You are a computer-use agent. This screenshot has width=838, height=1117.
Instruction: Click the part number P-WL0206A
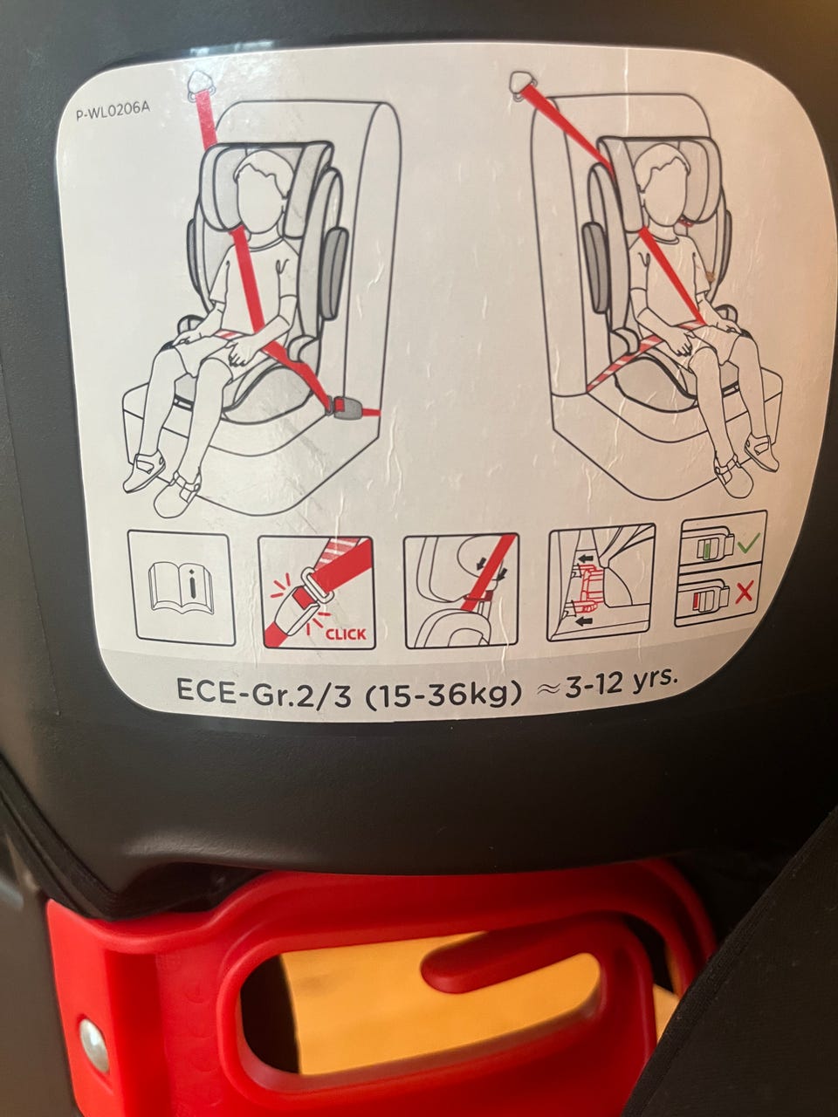[113, 112]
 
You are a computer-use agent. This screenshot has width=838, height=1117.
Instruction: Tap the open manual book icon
[181, 589]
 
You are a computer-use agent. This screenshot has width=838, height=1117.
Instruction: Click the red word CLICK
[346, 634]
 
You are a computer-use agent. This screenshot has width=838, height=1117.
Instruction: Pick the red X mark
[745, 593]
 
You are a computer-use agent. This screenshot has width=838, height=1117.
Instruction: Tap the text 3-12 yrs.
[621, 682]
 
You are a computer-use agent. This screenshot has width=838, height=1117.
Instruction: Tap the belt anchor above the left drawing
[202, 83]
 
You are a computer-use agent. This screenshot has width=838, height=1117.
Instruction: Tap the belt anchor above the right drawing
[521, 82]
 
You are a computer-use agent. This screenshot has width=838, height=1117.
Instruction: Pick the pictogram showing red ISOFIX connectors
[601, 582]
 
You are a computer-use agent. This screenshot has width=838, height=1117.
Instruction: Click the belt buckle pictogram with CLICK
[318, 592]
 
